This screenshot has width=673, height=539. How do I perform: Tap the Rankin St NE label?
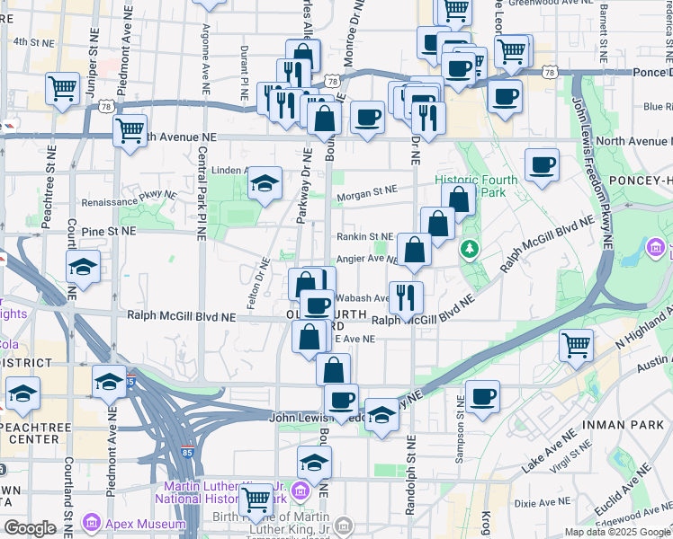coord(365,236)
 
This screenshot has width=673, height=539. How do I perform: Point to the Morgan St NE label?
coord(366,190)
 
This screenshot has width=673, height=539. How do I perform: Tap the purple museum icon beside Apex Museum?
coord(91,522)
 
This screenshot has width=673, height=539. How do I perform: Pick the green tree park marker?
coord(468,247)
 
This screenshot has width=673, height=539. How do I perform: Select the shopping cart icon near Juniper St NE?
coord(62,88)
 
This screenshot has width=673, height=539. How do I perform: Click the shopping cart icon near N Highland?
coord(576,344)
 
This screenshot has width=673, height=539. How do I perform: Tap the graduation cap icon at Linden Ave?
coord(265,183)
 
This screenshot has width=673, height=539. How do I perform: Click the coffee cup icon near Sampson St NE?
coord(482,396)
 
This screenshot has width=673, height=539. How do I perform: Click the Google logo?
coord(30,528)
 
